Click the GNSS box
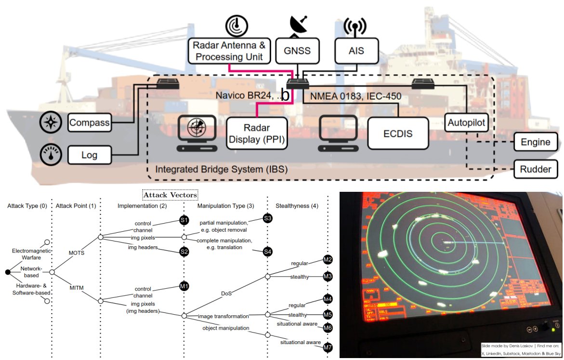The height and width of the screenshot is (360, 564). (x=298, y=51)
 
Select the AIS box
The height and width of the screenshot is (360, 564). (x=356, y=51)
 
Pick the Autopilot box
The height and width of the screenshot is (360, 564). (x=466, y=123)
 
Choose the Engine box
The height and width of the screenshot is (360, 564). (x=536, y=142)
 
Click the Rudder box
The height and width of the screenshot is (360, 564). (x=536, y=169)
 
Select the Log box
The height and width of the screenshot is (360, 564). (x=90, y=156)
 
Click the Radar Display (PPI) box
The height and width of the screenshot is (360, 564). (x=256, y=134)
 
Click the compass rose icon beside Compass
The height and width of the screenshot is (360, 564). (x=50, y=122)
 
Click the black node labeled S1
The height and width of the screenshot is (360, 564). (x=184, y=220)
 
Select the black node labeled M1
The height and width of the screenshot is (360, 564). (x=184, y=286)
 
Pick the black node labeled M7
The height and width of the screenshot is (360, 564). (x=328, y=347)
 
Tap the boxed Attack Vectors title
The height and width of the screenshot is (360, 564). (x=171, y=195)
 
